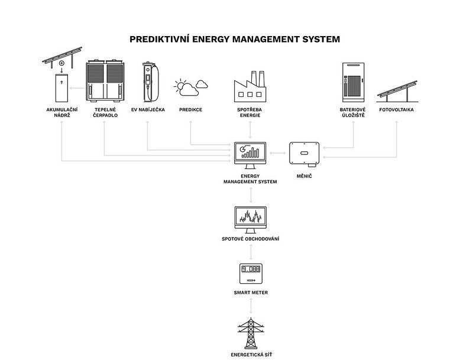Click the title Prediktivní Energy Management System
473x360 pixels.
click(235, 40)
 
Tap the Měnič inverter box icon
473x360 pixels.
click(304, 153)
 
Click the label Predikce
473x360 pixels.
click(190, 110)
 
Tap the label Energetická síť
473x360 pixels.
click(251, 355)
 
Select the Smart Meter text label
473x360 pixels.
click(251, 293)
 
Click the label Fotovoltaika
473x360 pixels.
click(396, 110)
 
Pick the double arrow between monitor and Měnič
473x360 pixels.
click(276, 153)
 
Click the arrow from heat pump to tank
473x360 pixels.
click(76, 87)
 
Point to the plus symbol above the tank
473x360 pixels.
click(61, 63)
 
